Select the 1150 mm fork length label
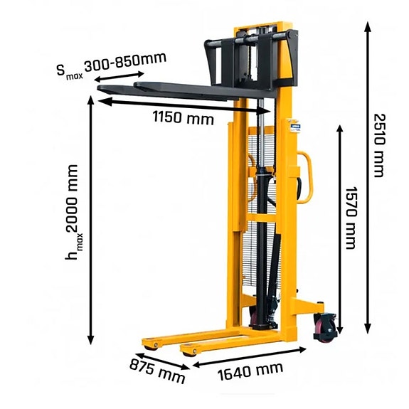coord(183,119)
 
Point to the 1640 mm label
coord(248,371)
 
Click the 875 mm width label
coord(156,369)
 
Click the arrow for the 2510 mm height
coord(368,178)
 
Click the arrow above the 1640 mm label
coord(250,356)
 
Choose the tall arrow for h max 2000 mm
coord(91,221)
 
